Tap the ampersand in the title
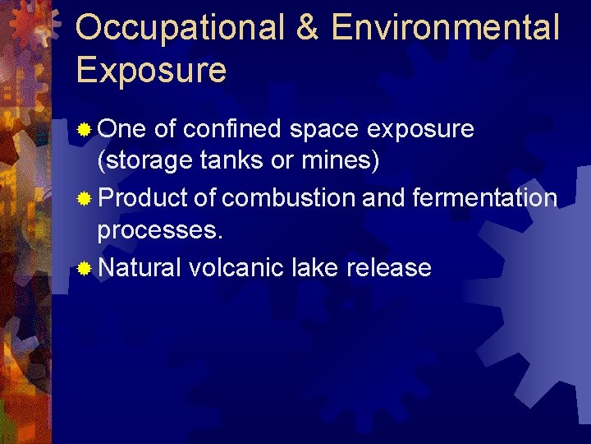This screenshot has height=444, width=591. tap(307, 28)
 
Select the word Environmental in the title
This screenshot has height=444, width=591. tap(446, 28)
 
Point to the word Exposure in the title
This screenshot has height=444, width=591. tap(151, 71)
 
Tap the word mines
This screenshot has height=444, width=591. tap(339, 162)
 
